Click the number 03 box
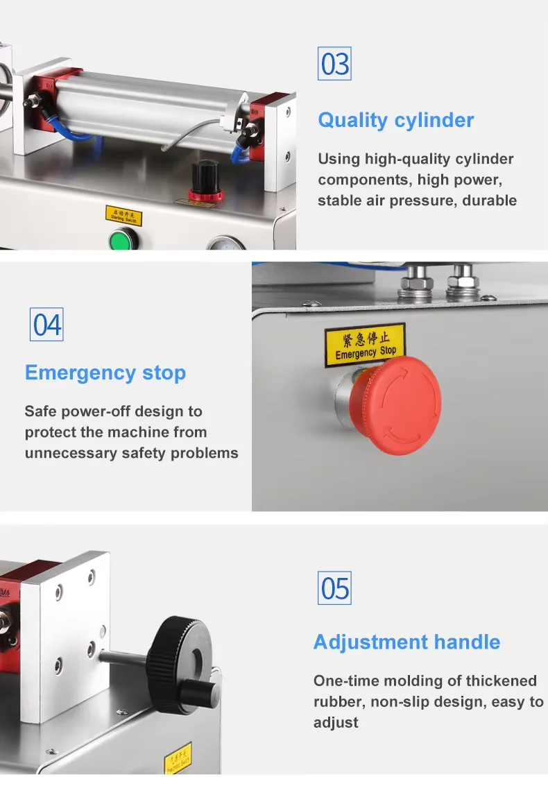click(x=335, y=65)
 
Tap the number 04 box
click(x=46, y=324)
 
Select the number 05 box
click(x=334, y=588)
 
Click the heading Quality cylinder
click(x=395, y=120)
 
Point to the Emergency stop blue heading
click(x=105, y=373)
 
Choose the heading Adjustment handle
click(x=406, y=642)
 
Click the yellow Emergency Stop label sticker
click(x=365, y=345)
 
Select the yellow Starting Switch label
click(x=124, y=215)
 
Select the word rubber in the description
click(x=339, y=701)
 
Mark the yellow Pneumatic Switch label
click(x=177, y=758)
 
